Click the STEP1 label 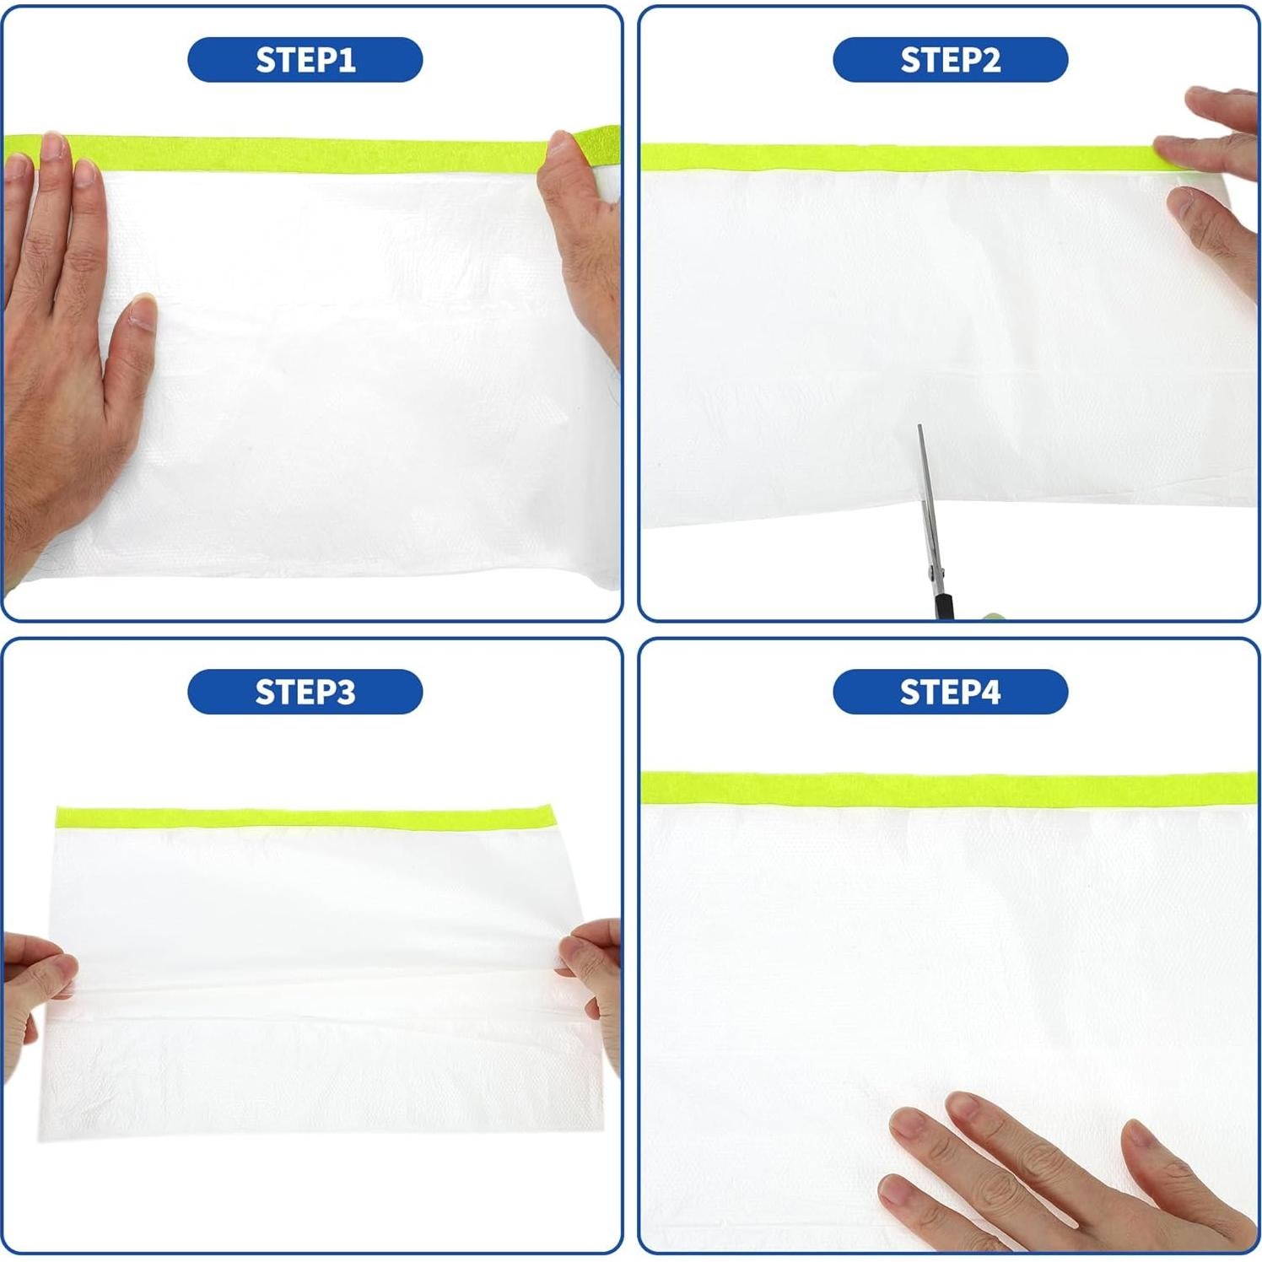click(305, 60)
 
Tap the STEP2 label click(950, 60)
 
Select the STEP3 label click(305, 692)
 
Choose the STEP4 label click(950, 692)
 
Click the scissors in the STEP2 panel click(929, 523)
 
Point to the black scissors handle click(944, 606)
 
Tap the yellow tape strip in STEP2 click(894, 157)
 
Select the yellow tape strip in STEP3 click(304, 817)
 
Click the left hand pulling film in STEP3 click(34, 987)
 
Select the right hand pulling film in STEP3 click(595, 970)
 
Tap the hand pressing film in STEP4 click(1054, 1173)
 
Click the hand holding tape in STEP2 click(1215, 186)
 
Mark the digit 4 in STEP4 click(989, 692)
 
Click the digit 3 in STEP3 click(344, 692)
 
